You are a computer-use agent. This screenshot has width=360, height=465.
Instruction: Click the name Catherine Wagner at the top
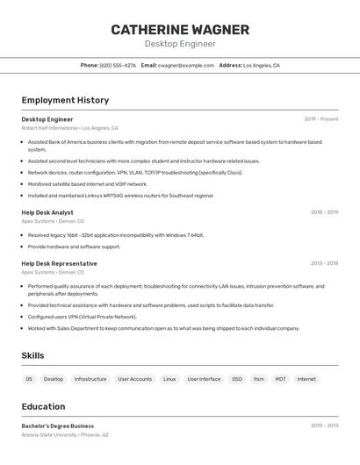[x=180, y=30]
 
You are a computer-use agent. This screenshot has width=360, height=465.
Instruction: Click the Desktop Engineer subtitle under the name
[x=180, y=44]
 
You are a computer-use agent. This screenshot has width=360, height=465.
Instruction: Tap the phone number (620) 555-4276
[x=118, y=65]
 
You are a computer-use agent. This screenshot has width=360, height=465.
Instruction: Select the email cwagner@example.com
[x=186, y=65]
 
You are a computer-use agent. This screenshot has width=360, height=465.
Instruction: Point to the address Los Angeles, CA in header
[x=262, y=65]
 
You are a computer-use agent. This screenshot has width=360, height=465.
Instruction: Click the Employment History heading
[x=65, y=100]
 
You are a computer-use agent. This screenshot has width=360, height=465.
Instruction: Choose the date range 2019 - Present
[x=321, y=119]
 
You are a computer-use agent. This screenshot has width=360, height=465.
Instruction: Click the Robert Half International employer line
[x=69, y=128]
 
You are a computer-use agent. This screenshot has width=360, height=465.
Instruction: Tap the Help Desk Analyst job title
[x=47, y=212]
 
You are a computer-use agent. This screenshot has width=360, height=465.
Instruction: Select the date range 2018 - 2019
[x=324, y=212]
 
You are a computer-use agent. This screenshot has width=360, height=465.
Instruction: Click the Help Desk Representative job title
[x=59, y=263]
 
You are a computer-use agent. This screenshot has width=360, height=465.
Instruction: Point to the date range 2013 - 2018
[x=324, y=263]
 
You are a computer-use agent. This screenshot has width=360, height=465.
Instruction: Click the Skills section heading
[x=32, y=355]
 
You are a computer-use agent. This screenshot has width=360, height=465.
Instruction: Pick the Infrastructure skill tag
[x=90, y=379]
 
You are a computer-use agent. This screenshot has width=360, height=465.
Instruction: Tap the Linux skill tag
[x=169, y=379]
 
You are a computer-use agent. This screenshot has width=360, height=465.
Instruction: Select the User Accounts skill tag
[x=134, y=379]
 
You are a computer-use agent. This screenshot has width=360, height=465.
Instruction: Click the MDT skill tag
[x=280, y=379]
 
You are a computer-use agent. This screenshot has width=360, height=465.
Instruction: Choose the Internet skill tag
[x=306, y=379]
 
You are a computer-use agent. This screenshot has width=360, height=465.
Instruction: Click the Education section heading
[x=43, y=406]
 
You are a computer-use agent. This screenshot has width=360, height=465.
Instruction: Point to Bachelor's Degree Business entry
[x=58, y=426]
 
